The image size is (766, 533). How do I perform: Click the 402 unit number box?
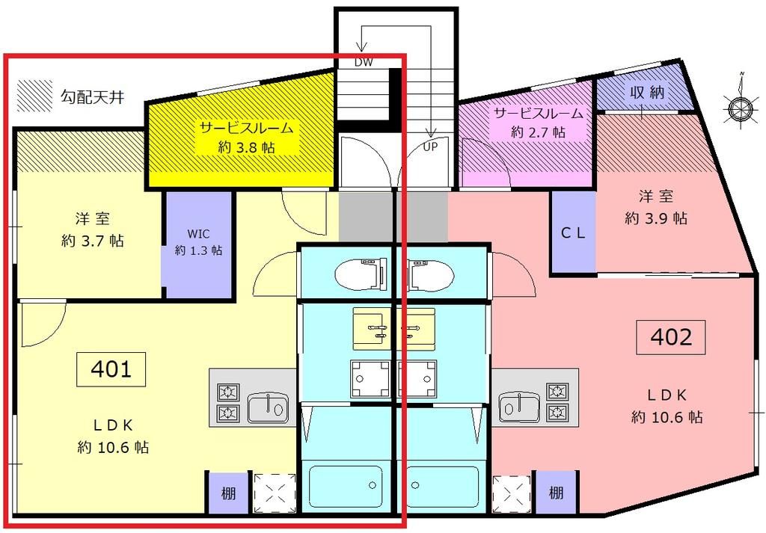pyautogui.click(x=671, y=338)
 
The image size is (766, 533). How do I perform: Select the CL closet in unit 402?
pyautogui.click(x=573, y=232)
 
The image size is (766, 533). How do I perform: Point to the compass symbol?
pyautogui.click(x=740, y=108)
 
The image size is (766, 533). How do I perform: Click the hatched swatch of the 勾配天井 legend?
pyautogui.click(x=34, y=96)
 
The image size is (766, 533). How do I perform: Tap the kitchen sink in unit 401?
pyautogui.click(x=267, y=408)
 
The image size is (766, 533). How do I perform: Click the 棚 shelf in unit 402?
pyautogui.click(x=555, y=493)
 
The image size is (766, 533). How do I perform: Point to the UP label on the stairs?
pyautogui.click(x=431, y=146)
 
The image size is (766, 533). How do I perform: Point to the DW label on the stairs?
pyautogui.click(x=364, y=63)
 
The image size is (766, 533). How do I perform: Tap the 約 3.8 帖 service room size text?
pyautogui.click(x=246, y=148)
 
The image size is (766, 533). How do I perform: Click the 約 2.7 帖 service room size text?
pyautogui.click(x=538, y=132)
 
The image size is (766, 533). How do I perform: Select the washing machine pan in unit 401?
pyautogui.click(x=370, y=379)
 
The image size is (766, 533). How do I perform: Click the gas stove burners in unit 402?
pyautogui.click(x=557, y=401)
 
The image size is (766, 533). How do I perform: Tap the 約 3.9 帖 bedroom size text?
pyautogui.click(x=656, y=218)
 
